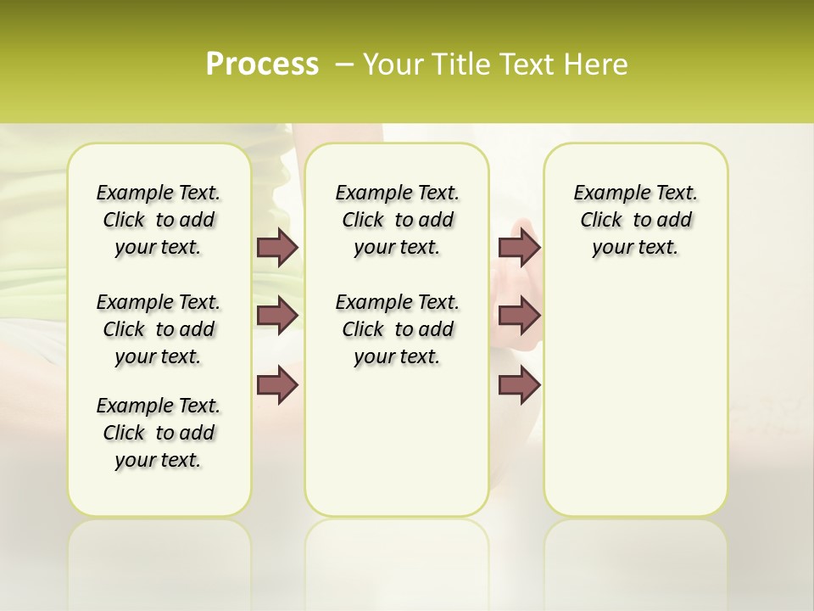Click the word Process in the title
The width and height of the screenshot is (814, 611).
tap(262, 64)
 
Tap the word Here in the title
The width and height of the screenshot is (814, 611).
tap(596, 64)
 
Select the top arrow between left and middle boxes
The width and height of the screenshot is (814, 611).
tap(277, 247)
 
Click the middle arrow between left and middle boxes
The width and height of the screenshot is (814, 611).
tap(277, 316)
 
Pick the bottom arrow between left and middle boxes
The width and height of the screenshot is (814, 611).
tap(277, 385)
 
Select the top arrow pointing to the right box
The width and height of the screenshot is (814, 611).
tap(519, 247)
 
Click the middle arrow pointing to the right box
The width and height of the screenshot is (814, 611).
tap(519, 316)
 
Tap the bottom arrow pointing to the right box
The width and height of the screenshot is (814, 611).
tap(519, 385)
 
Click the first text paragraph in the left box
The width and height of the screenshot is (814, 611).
tap(159, 220)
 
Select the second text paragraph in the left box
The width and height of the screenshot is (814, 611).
tap(159, 329)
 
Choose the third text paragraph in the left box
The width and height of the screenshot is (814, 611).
tap(159, 433)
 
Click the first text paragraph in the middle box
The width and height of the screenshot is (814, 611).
tap(397, 220)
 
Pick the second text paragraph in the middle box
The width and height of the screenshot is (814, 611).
tap(397, 329)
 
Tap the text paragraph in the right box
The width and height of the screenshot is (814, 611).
tap(635, 220)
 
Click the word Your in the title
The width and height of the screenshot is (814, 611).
tap(390, 64)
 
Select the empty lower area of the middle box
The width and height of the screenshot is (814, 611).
tap(397, 441)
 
